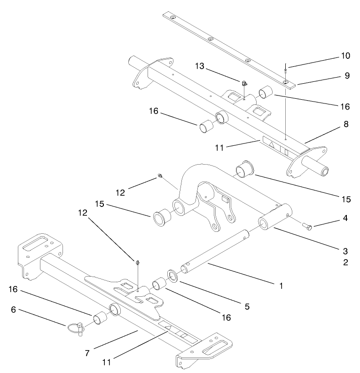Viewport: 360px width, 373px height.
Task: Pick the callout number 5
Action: point(247,307)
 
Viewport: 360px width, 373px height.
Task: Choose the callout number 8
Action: point(345,125)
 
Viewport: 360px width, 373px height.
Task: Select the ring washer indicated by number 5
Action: point(172,276)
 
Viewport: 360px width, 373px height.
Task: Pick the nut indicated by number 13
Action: point(244,84)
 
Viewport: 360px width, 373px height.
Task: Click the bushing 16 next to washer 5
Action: point(158,286)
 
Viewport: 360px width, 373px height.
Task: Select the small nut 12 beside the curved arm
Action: point(159,176)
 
